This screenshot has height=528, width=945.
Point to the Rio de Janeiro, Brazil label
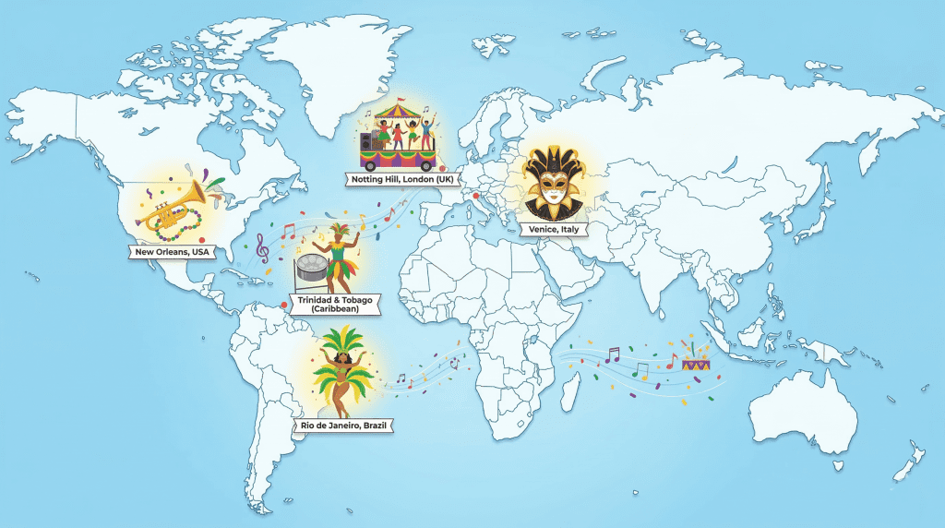(344, 426)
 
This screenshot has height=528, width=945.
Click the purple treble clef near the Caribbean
(263, 247)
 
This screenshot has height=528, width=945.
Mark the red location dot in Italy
(477, 196)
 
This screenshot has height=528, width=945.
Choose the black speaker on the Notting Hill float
(367, 143)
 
